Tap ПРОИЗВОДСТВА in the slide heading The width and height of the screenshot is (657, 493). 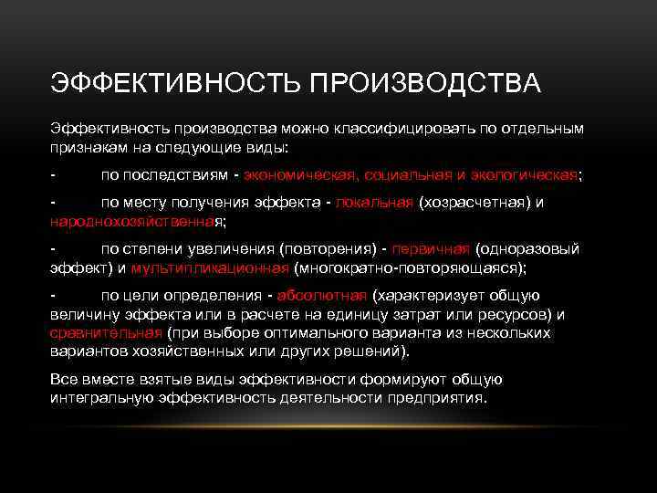pyautogui.click(x=424, y=84)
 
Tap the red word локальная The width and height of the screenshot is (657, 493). pyautogui.click(x=374, y=203)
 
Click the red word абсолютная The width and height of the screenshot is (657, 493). pyautogui.click(x=322, y=296)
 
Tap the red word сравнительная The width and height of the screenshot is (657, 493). pyautogui.click(x=106, y=332)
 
